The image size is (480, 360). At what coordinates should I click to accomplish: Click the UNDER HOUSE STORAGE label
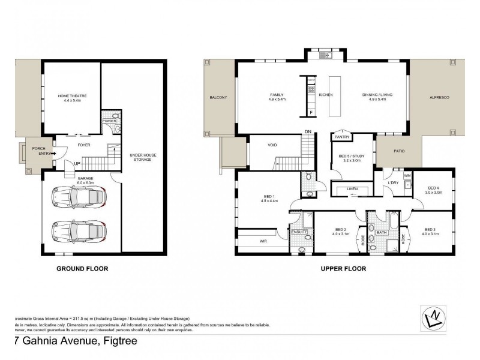point(142,157)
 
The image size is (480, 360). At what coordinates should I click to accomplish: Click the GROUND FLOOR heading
point(82,269)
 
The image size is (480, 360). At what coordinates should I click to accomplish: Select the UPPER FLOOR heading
point(344,269)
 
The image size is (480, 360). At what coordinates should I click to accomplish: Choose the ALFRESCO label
point(440,97)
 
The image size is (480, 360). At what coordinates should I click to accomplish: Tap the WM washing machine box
point(406,175)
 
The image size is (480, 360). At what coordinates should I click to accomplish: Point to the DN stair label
point(308,131)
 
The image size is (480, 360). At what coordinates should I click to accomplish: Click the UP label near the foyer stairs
point(76,163)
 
